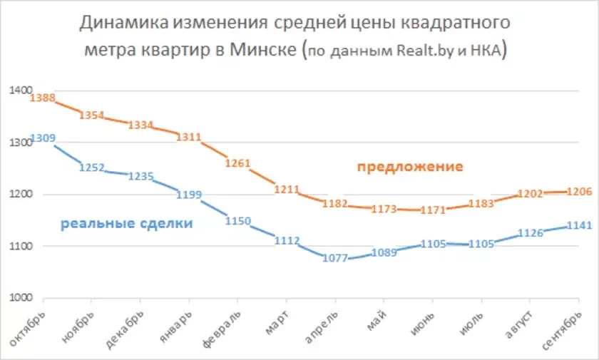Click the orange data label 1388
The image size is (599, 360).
click(43, 98)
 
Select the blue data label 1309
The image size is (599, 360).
click(43, 138)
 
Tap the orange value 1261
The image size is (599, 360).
click(237, 163)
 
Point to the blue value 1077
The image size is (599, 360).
click(334, 258)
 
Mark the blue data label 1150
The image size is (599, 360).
click(237, 221)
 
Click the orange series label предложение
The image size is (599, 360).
click(410, 167)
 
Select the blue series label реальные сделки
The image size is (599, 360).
click(126, 223)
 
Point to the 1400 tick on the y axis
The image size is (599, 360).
click(21, 91)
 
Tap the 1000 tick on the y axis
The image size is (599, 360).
click(21, 298)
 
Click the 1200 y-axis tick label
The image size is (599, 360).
click(21, 195)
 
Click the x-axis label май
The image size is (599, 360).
click(375, 320)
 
